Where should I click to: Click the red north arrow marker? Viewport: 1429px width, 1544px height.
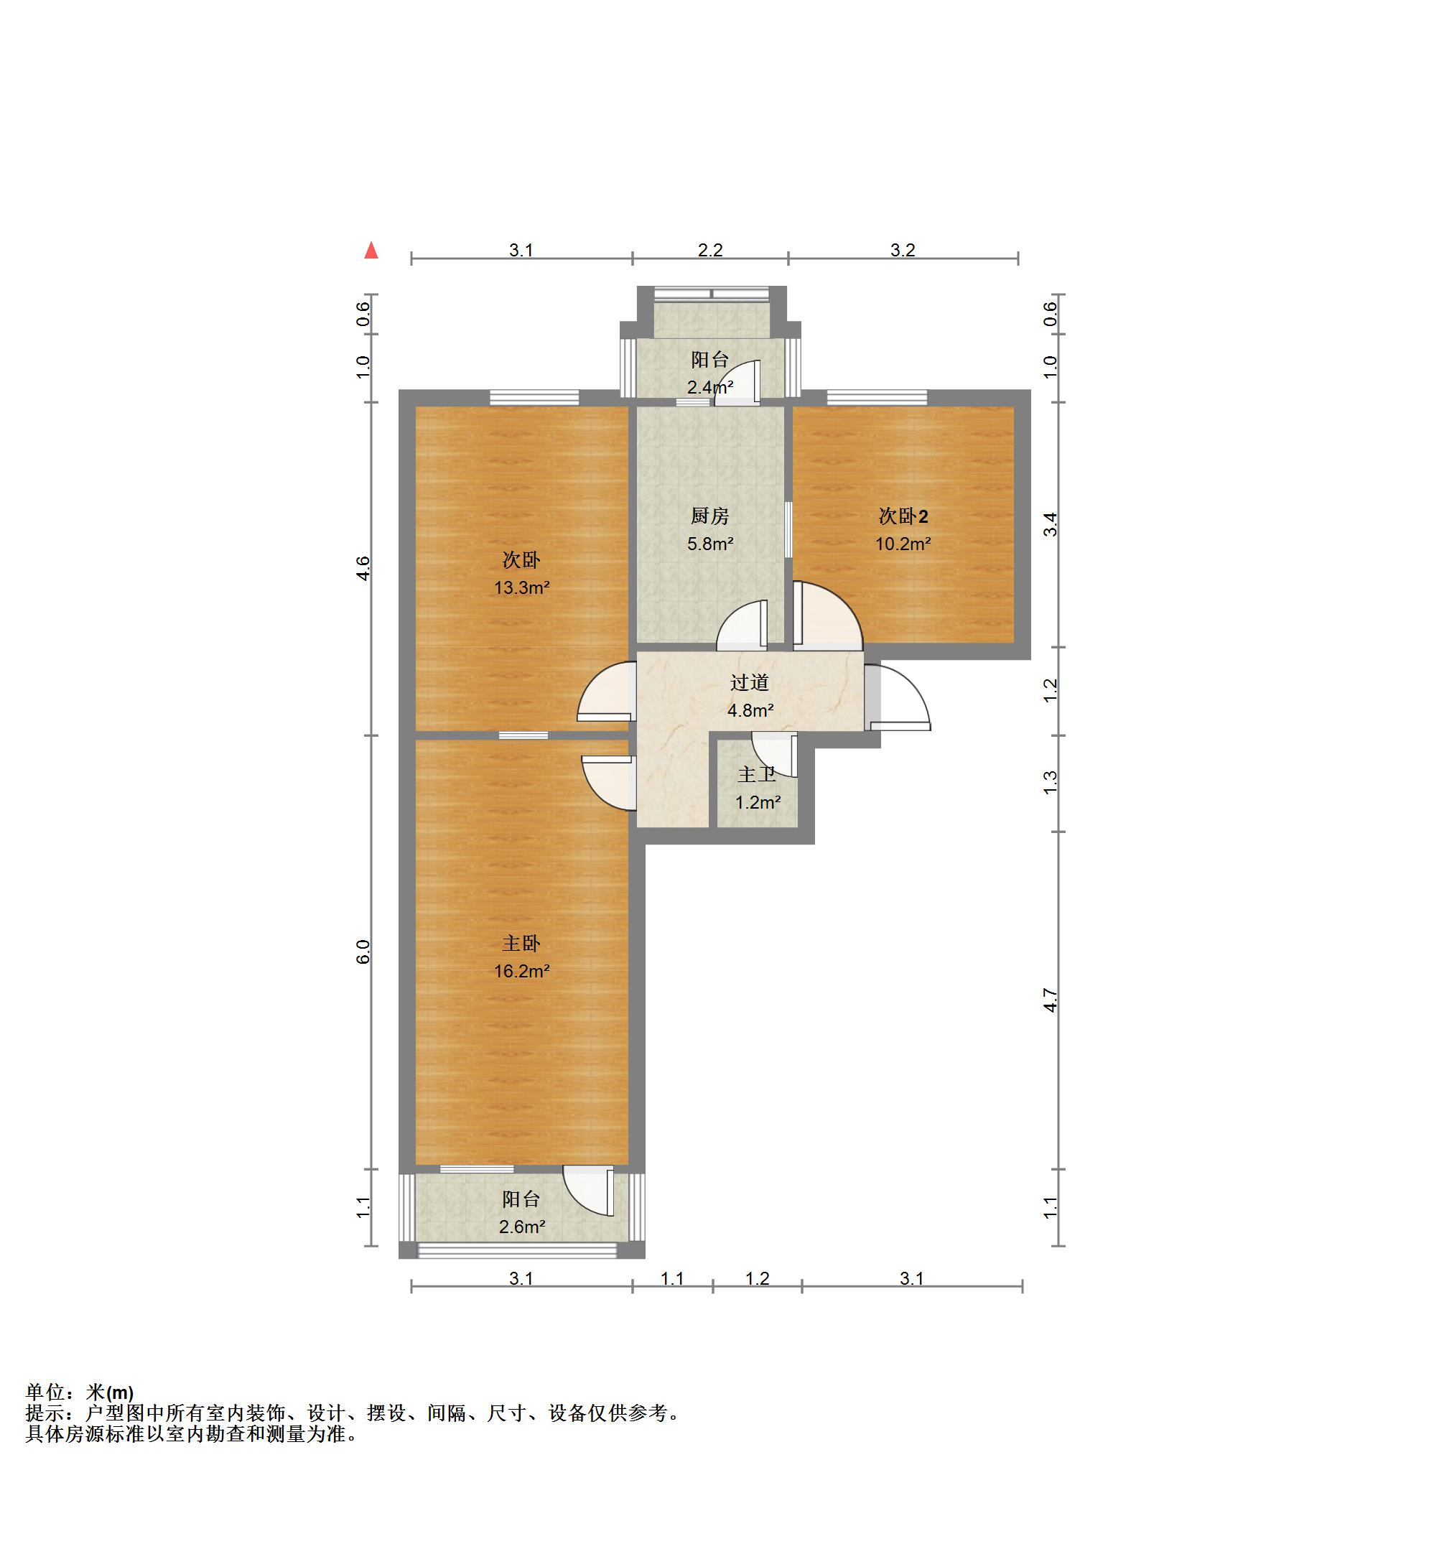[x=371, y=250]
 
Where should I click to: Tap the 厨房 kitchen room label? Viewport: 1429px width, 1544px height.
[x=710, y=516]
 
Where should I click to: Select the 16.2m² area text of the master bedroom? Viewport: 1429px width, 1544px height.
[x=522, y=971]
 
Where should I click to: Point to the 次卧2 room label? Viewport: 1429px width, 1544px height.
[x=903, y=516]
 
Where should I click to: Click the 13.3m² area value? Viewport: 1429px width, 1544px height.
[x=522, y=587]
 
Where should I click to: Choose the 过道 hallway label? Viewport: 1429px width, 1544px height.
[x=750, y=683]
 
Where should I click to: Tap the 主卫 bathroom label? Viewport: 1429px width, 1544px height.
[x=757, y=775]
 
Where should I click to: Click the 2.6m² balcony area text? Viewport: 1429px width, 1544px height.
[x=522, y=1227]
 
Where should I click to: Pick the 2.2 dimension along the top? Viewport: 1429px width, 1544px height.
[x=710, y=250]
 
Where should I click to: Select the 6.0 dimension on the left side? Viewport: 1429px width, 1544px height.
[x=363, y=952]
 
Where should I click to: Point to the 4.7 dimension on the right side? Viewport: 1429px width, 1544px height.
[x=1049, y=1000]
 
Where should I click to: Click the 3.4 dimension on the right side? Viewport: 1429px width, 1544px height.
[x=1049, y=525]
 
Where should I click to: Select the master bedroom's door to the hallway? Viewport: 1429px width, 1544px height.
[x=608, y=783]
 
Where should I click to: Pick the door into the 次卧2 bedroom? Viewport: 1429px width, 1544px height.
[x=827, y=614]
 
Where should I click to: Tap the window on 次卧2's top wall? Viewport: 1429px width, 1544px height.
[x=877, y=398]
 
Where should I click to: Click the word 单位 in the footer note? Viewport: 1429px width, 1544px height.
[x=45, y=1392]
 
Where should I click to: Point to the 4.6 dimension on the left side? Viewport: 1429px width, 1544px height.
[x=363, y=568]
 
